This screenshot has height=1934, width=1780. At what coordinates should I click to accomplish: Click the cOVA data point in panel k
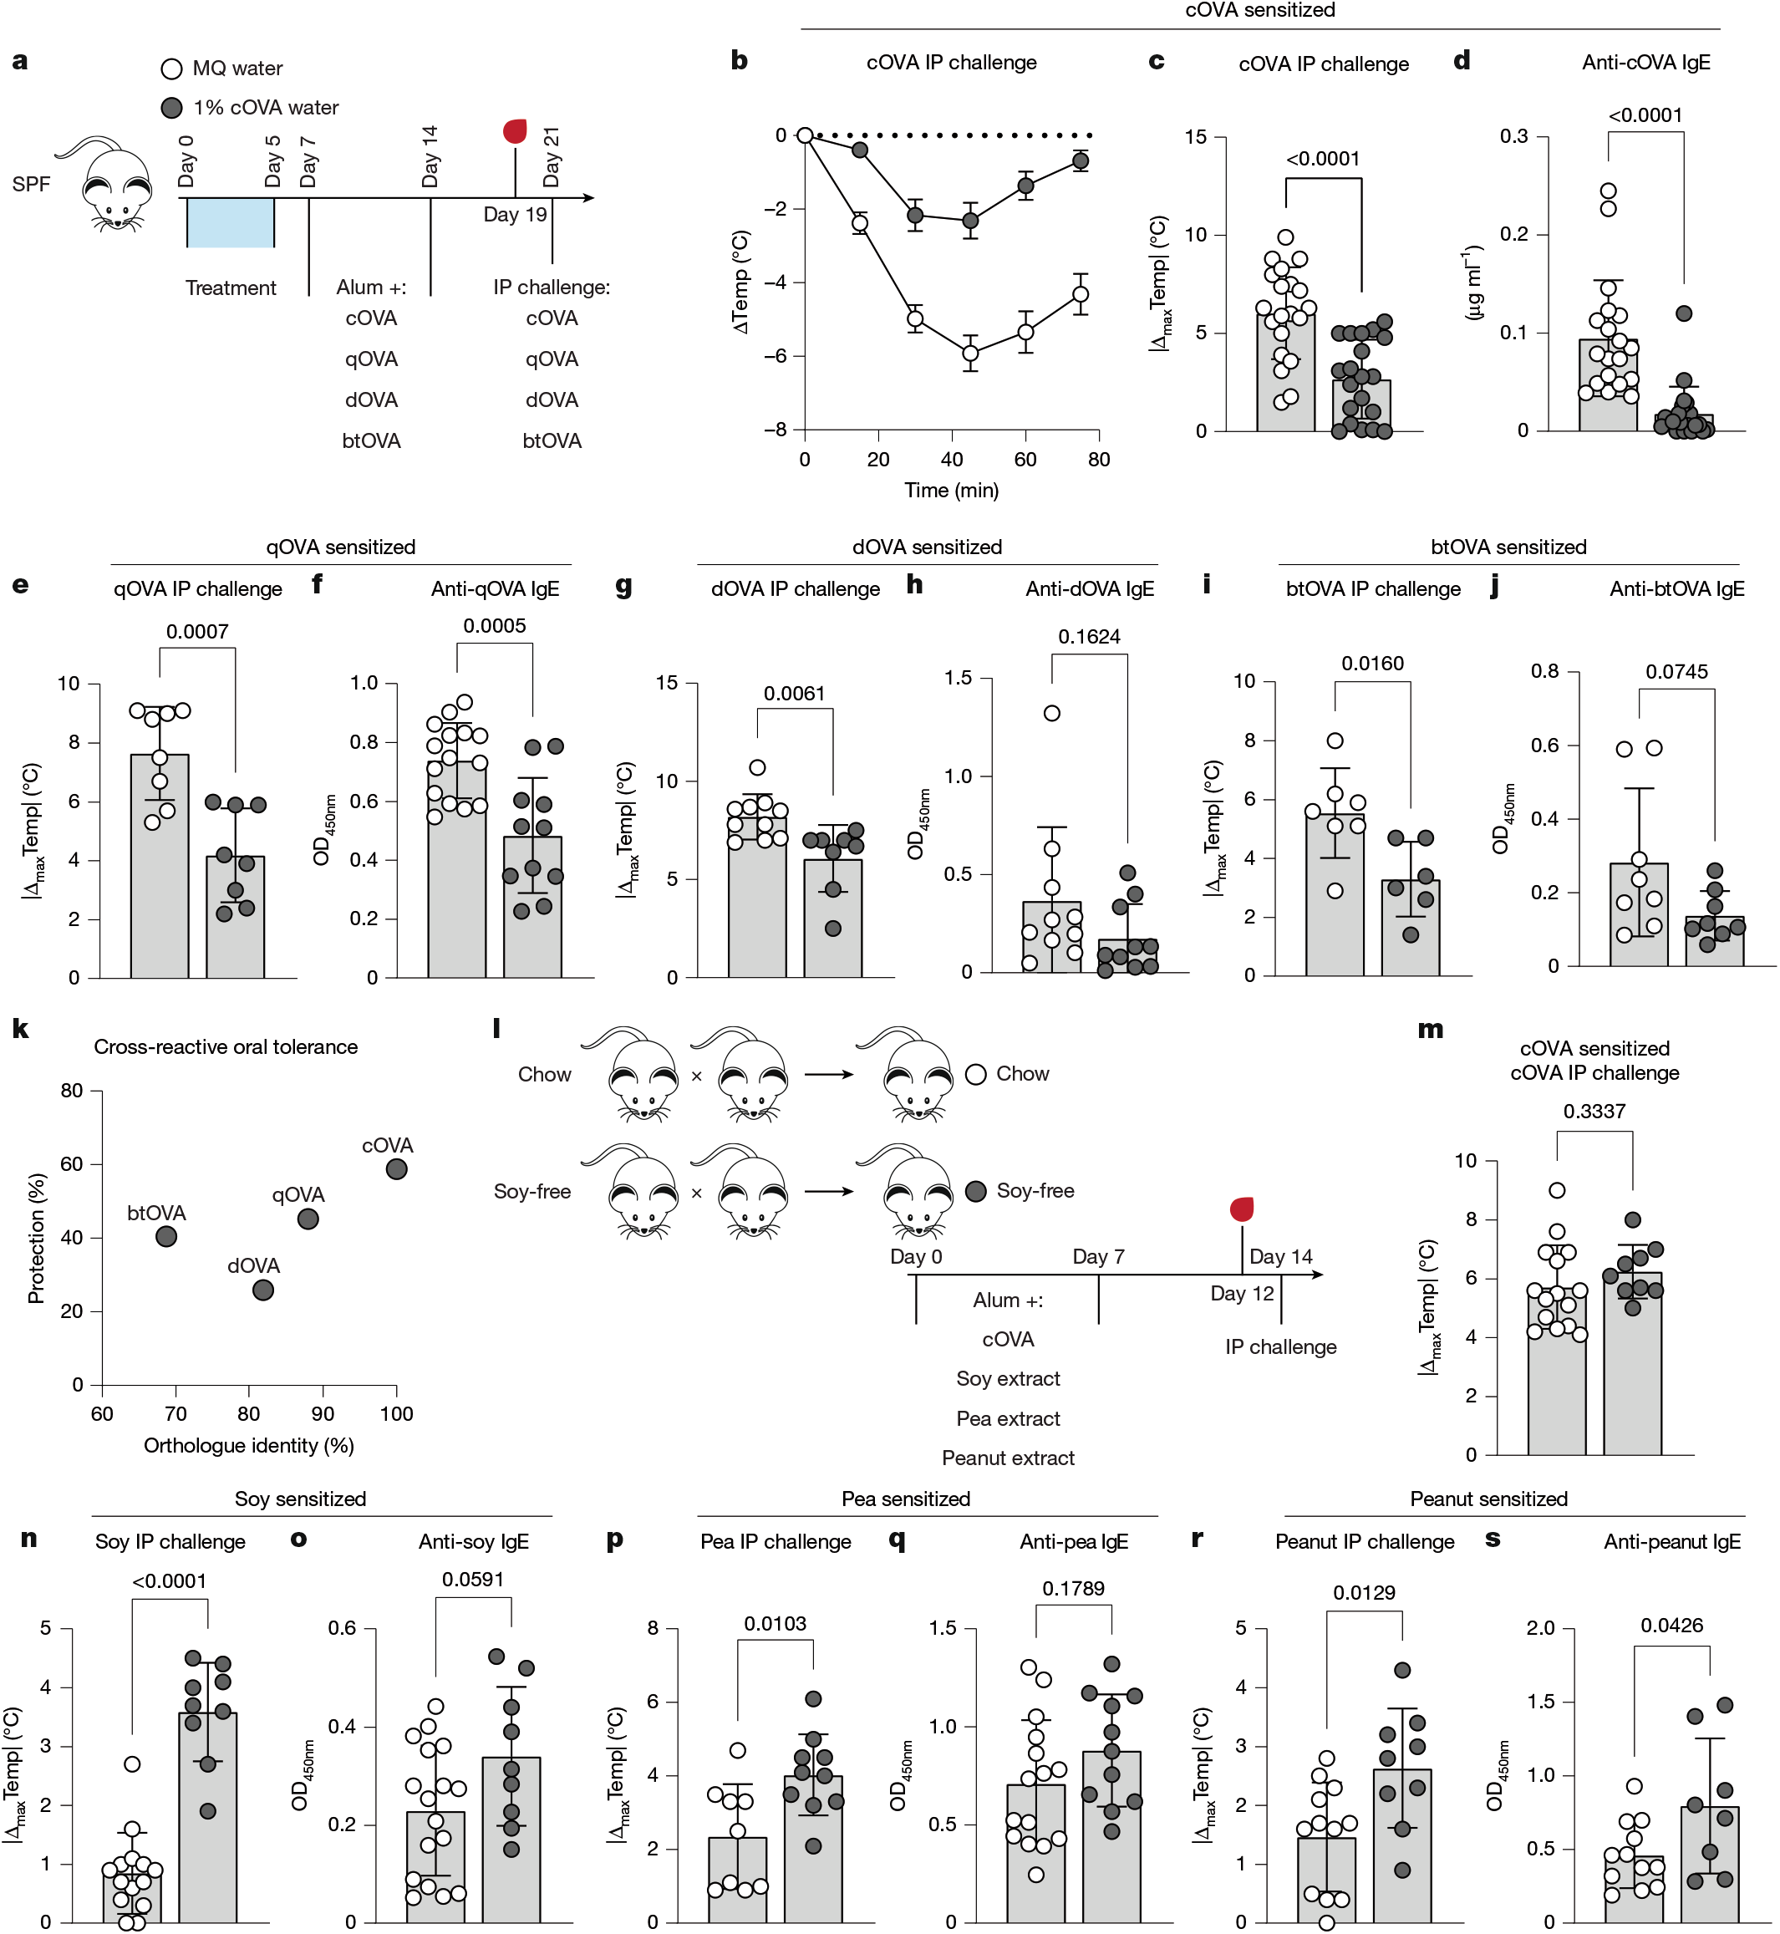click(x=396, y=1168)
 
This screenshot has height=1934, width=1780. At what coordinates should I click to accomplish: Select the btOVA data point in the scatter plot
click(x=166, y=1236)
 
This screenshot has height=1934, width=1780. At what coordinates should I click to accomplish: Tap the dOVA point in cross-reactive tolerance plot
click(x=263, y=1290)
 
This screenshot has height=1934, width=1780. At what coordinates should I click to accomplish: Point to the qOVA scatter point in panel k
click(x=308, y=1219)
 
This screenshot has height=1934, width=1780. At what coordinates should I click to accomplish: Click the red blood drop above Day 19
click(x=516, y=130)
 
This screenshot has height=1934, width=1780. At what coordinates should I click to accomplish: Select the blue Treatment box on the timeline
click(x=230, y=222)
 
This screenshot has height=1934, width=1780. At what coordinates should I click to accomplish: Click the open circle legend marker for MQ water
click(x=171, y=69)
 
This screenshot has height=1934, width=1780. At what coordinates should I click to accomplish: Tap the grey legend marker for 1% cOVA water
click(x=171, y=107)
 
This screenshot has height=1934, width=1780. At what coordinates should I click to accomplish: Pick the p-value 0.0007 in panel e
click(x=197, y=632)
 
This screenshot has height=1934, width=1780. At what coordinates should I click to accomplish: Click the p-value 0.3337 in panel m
click(x=1594, y=1111)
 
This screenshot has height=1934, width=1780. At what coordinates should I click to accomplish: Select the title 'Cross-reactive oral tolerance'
click(x=226, y=1047)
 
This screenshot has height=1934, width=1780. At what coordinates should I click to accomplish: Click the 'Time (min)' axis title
click(x=952, y=491)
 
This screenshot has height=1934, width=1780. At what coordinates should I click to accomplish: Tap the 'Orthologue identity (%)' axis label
click(x=248, y=1445)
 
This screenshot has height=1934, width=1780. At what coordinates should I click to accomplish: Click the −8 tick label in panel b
click(x=776, y=430)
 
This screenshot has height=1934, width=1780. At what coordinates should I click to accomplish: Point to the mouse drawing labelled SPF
click(x=111, y=183)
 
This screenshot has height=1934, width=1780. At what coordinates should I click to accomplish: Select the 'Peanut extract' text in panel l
click(x=1008, y=1458)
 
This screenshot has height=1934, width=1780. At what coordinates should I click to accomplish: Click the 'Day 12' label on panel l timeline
click(x=1242, y=1294)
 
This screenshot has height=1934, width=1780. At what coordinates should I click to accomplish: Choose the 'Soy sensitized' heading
click(x=301, y=1499)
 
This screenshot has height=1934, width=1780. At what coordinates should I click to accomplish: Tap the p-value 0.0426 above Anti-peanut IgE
click(x=1671, y=1626)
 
